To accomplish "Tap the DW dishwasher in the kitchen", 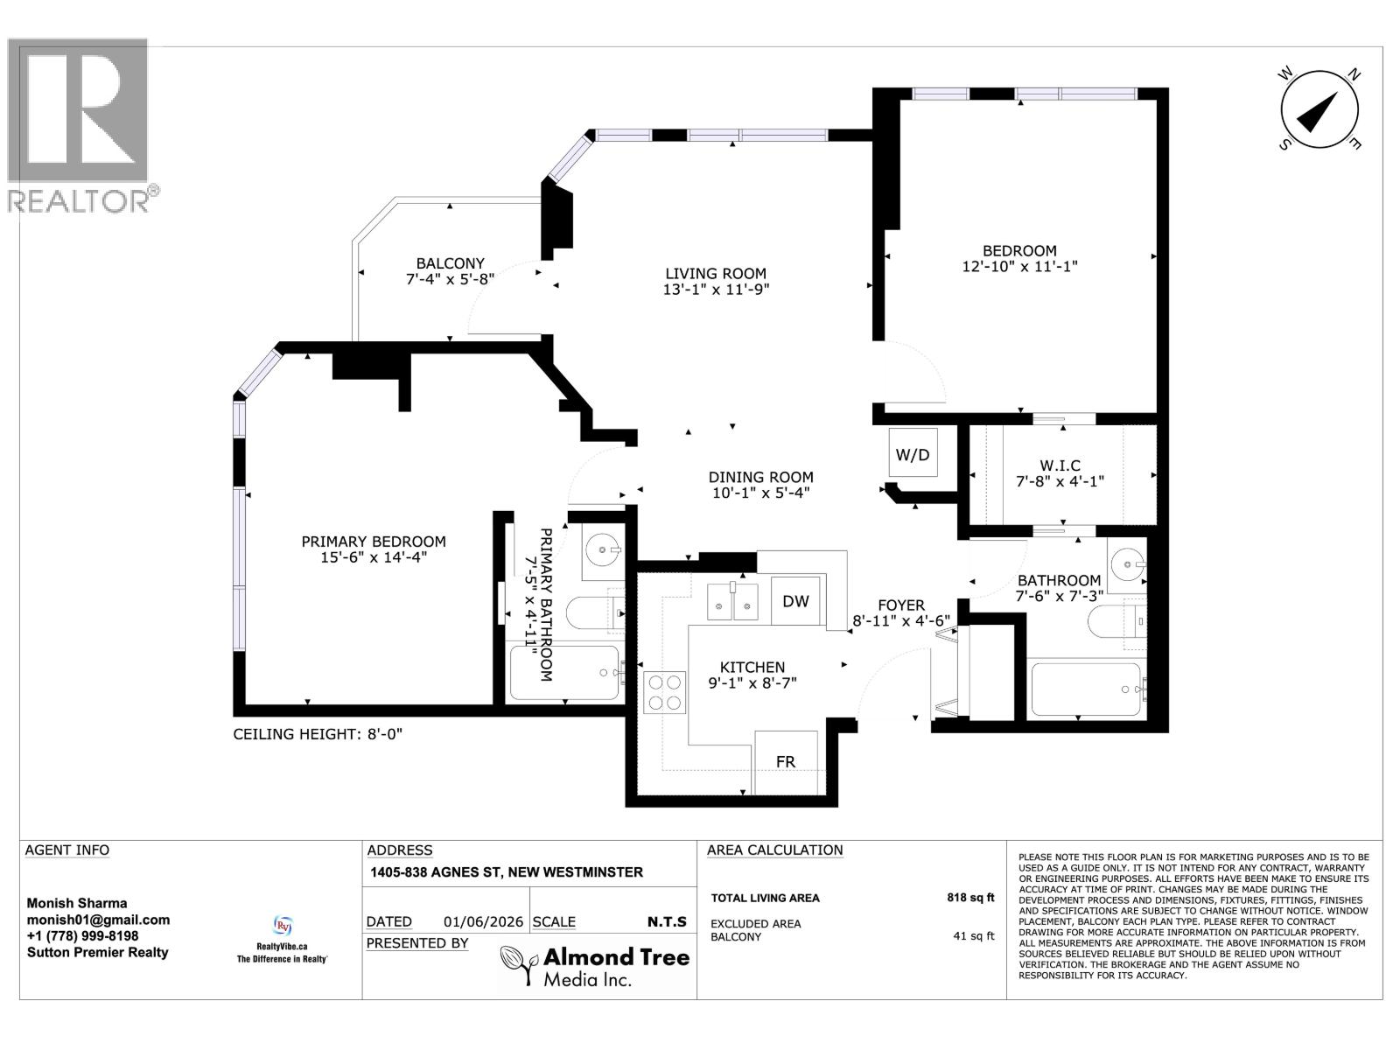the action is [795, 600].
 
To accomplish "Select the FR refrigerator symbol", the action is [786, 762].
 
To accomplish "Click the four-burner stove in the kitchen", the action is [664, 692].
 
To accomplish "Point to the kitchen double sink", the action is [732, 602].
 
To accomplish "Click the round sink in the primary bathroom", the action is [603, 548].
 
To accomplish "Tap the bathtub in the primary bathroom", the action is [564, 673].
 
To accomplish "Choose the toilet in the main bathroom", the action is [1116, 620].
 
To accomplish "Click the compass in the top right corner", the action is [1319, 109].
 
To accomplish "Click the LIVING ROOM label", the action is [716, 274].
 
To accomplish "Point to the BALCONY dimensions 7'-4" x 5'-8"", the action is [451, 279].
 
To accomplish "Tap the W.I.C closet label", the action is [1060, 465].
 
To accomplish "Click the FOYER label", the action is [901, 605].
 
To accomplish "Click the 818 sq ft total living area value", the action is [970, 898].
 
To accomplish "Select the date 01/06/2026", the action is [484, 922].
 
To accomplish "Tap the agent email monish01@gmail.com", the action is [98, 920].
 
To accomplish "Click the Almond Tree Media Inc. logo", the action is [594, 967].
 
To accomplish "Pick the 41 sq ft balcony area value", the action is [974, 936].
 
